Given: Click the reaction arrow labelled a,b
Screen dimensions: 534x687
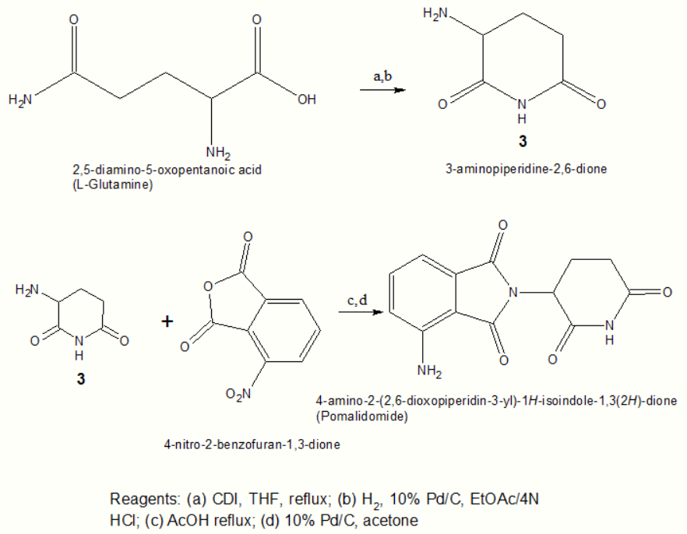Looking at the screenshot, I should (382, 90).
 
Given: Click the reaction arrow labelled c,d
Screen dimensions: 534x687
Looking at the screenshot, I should (359, 314).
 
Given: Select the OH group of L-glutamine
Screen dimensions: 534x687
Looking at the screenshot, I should (308, 100).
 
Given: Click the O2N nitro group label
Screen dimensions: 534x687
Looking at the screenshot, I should (238, 395).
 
